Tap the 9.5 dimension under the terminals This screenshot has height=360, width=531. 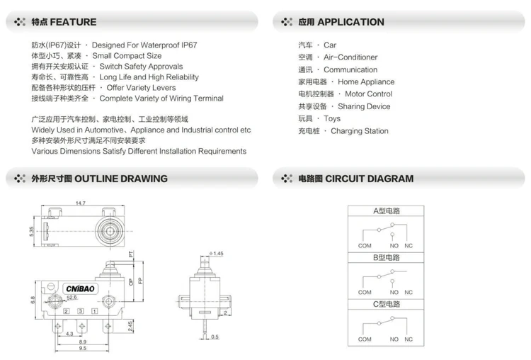(83, 349)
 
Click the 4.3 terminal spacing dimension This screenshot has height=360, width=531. (69, 334)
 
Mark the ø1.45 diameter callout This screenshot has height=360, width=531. (217, 253)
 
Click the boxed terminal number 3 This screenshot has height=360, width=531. (81, 312)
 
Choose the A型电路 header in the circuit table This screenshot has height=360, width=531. (387, 210)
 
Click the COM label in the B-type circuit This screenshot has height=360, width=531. (365, 292)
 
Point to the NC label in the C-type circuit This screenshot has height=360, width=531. (409, 339)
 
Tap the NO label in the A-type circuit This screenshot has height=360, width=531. (394, 245)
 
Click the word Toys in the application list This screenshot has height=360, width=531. (332, 118)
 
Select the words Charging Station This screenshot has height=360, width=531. (360, 131)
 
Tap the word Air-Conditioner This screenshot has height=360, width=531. (350, 57)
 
